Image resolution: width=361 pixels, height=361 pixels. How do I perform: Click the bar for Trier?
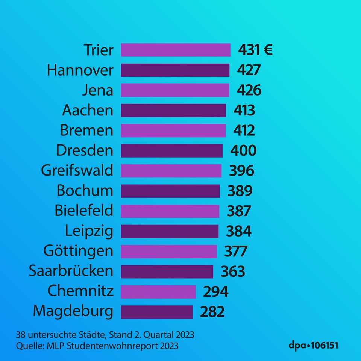(175, 50)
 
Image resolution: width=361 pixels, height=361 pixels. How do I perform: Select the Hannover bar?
(175, 70)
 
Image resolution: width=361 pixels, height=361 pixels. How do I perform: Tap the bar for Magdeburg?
(156, 312)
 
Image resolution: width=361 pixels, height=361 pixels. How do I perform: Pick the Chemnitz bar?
(158, 292)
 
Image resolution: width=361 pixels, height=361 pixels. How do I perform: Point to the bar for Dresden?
(171, 151)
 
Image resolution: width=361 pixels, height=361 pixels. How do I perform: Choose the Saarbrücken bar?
(167, 272)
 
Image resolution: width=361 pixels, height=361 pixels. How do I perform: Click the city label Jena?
(97, 91)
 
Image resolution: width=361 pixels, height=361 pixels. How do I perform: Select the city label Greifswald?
(77, 171)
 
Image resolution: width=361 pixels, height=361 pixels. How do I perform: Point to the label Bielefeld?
(84, 211)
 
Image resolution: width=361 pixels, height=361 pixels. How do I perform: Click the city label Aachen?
(87, 111)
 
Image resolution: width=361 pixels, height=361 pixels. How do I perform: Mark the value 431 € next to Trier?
(255, 50)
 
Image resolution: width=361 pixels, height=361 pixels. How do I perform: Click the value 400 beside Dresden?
(243, 151)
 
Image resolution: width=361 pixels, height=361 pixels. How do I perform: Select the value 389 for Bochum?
(240, 191)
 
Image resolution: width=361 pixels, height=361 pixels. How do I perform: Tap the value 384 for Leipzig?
(238, 231)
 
